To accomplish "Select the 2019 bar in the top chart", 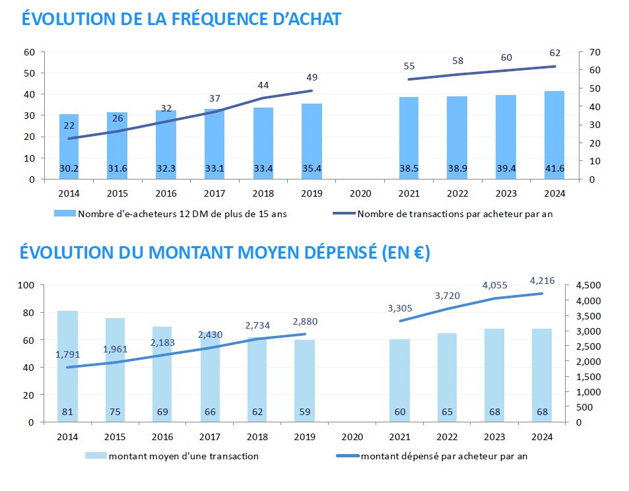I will [312, 141].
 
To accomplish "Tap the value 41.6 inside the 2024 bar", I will [554, 169].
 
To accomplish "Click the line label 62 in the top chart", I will [554, 52].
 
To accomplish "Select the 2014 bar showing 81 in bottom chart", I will [67, 366].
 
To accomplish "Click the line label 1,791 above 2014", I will [67, 354].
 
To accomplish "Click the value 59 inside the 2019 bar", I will [304, 412].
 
